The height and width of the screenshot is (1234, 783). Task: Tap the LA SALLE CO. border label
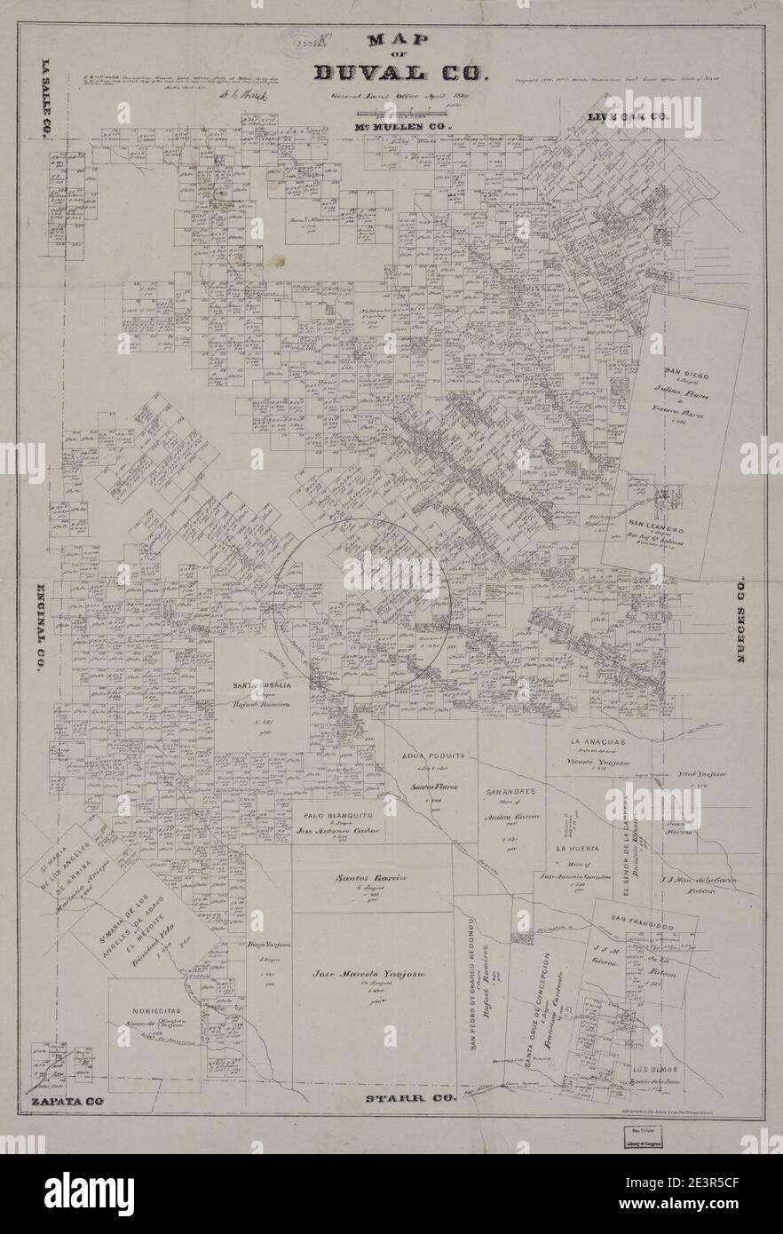[x=44, y=100]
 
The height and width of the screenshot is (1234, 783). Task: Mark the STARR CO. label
[x=411, y=1099]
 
